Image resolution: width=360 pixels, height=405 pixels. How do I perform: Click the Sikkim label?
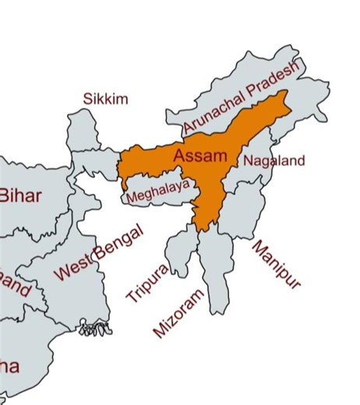[x=105, y=99]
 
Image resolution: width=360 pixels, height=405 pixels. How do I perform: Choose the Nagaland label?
[x=274, y=161]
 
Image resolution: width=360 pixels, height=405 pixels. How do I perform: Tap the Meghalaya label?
[x=158, y=189]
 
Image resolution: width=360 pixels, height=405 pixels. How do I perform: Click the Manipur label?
[x=275, y=264]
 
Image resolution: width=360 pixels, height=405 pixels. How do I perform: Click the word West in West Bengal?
[x=72, y=268]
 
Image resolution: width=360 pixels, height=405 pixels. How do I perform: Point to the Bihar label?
[x=21, y=195]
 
